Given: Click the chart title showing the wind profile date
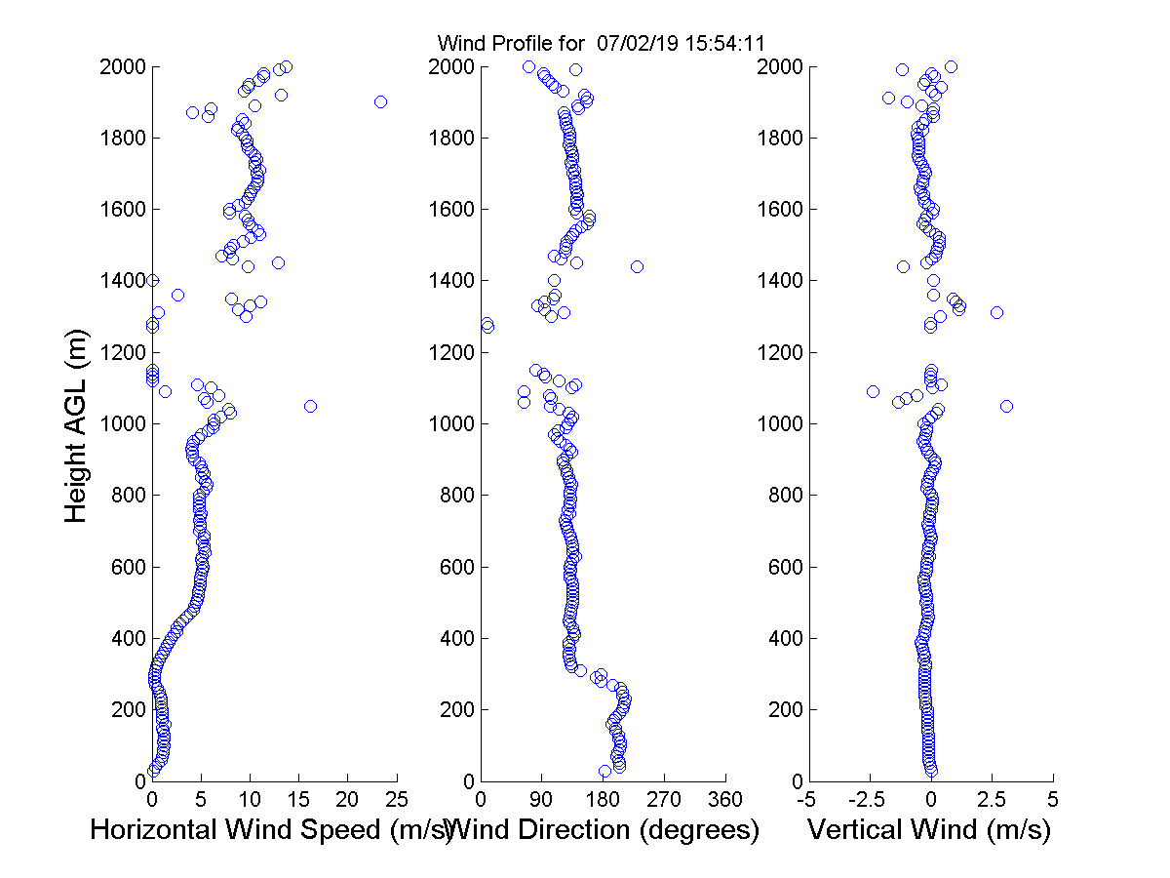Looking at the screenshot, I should (602, 43).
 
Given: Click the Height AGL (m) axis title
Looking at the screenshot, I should (76, 424).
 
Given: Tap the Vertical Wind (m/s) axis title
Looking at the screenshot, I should (929, 830).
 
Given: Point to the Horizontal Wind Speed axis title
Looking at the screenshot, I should (271, 830).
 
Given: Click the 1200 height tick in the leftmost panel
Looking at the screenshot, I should (122, 352).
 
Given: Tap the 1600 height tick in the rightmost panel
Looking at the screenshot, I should (777, 210).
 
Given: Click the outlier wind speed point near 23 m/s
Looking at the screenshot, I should (380, 101).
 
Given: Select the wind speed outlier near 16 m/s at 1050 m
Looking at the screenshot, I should (310, 406).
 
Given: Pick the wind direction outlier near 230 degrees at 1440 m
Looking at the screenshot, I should (637, 266).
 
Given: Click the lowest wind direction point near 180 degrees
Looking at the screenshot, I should (604, 771).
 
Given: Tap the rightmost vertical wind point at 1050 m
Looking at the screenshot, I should (1007, 406).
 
